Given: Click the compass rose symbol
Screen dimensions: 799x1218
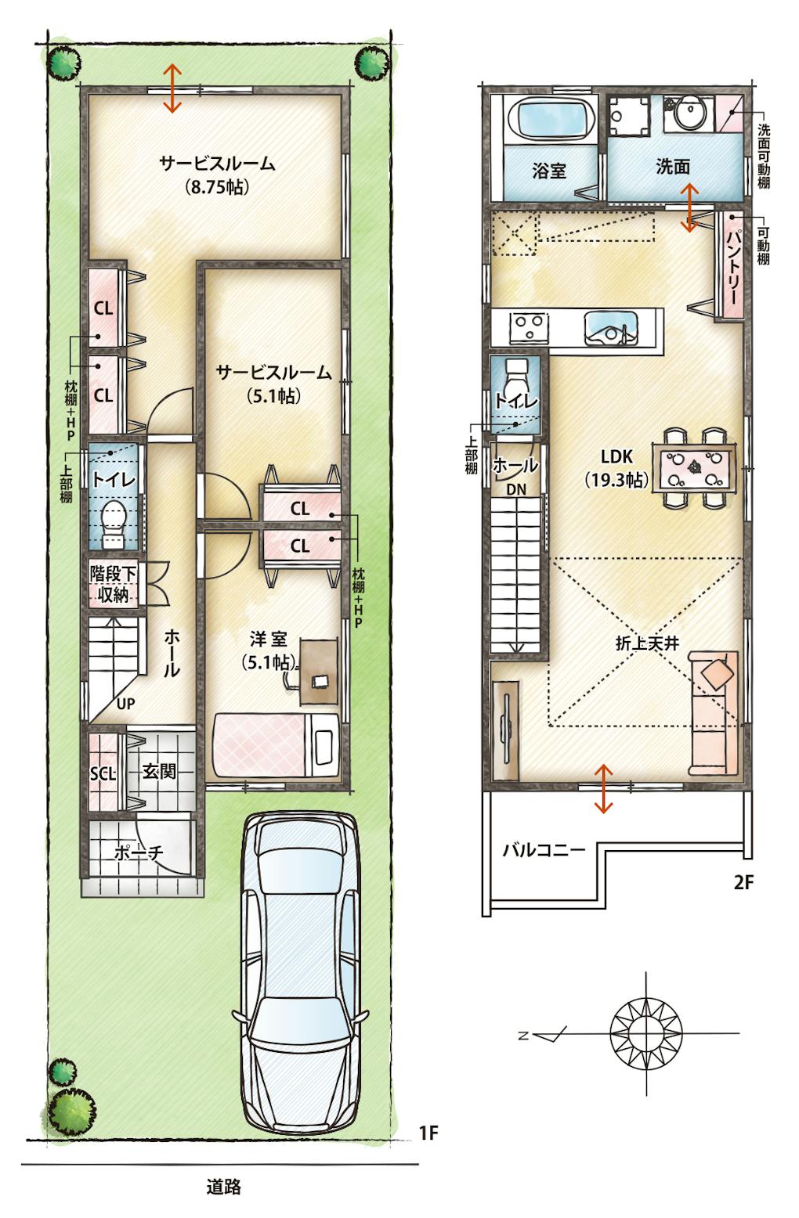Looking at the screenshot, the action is [646, 1032].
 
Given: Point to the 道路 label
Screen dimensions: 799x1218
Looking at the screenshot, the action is [224, 1187].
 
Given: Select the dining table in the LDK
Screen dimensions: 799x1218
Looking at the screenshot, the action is [695, 467].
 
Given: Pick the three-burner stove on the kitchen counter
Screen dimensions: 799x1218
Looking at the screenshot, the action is [529, 328].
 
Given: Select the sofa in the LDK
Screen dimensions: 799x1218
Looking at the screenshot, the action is [714, 713].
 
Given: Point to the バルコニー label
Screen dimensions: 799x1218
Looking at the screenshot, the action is [544, 849].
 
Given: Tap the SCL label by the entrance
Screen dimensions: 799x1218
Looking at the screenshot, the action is [103, 773].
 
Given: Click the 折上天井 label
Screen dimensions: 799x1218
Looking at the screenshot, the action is [647, 643].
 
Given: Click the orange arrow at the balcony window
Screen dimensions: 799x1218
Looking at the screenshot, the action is [602, 789].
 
